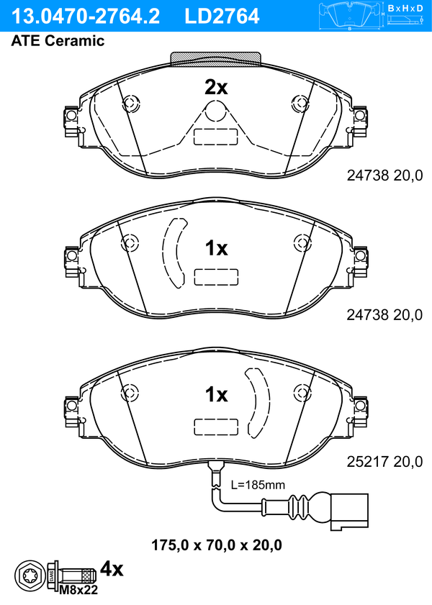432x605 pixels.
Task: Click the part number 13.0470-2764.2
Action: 85,17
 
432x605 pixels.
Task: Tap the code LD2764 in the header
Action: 222,17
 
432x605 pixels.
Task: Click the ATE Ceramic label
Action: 58,41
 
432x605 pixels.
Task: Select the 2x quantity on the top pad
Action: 216,88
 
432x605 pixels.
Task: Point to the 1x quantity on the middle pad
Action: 216,248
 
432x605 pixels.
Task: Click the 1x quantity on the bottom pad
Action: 216,394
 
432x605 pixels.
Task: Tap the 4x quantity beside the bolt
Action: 112,569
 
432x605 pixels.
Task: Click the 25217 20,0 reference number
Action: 384,461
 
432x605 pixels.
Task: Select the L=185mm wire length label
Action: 258,485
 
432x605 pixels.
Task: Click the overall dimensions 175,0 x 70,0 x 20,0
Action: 216,545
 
